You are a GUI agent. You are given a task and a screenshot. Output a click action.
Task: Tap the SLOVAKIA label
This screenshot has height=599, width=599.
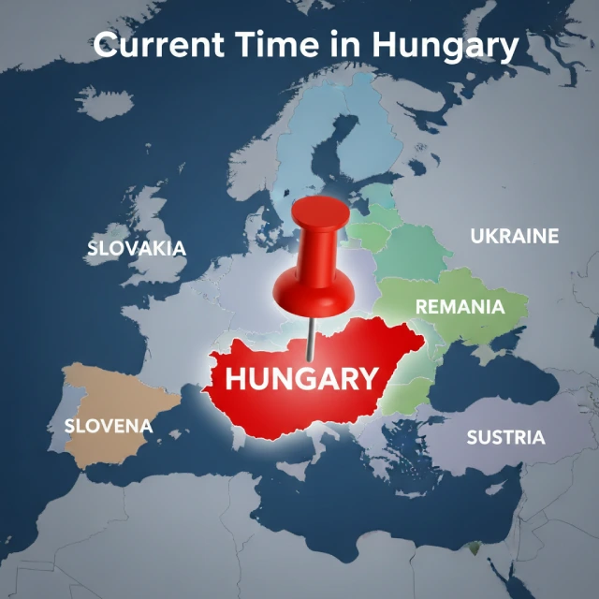click(137, 249)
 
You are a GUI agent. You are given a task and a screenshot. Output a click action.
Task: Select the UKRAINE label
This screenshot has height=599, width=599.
click(514, 236)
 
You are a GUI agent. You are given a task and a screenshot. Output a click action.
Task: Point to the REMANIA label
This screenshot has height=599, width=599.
click(460, 306)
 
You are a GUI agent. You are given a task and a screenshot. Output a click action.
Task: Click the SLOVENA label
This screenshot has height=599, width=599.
click(108, 426)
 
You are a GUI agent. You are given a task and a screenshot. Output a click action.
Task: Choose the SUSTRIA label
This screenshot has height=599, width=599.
click(505, 436)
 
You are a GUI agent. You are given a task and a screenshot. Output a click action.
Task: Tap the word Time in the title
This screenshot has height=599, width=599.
click(282, 44)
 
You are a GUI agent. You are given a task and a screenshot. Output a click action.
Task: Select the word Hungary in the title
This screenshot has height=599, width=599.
click(444, 46)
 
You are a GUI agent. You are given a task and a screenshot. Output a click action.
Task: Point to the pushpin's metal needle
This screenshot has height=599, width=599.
click(310, 338)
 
